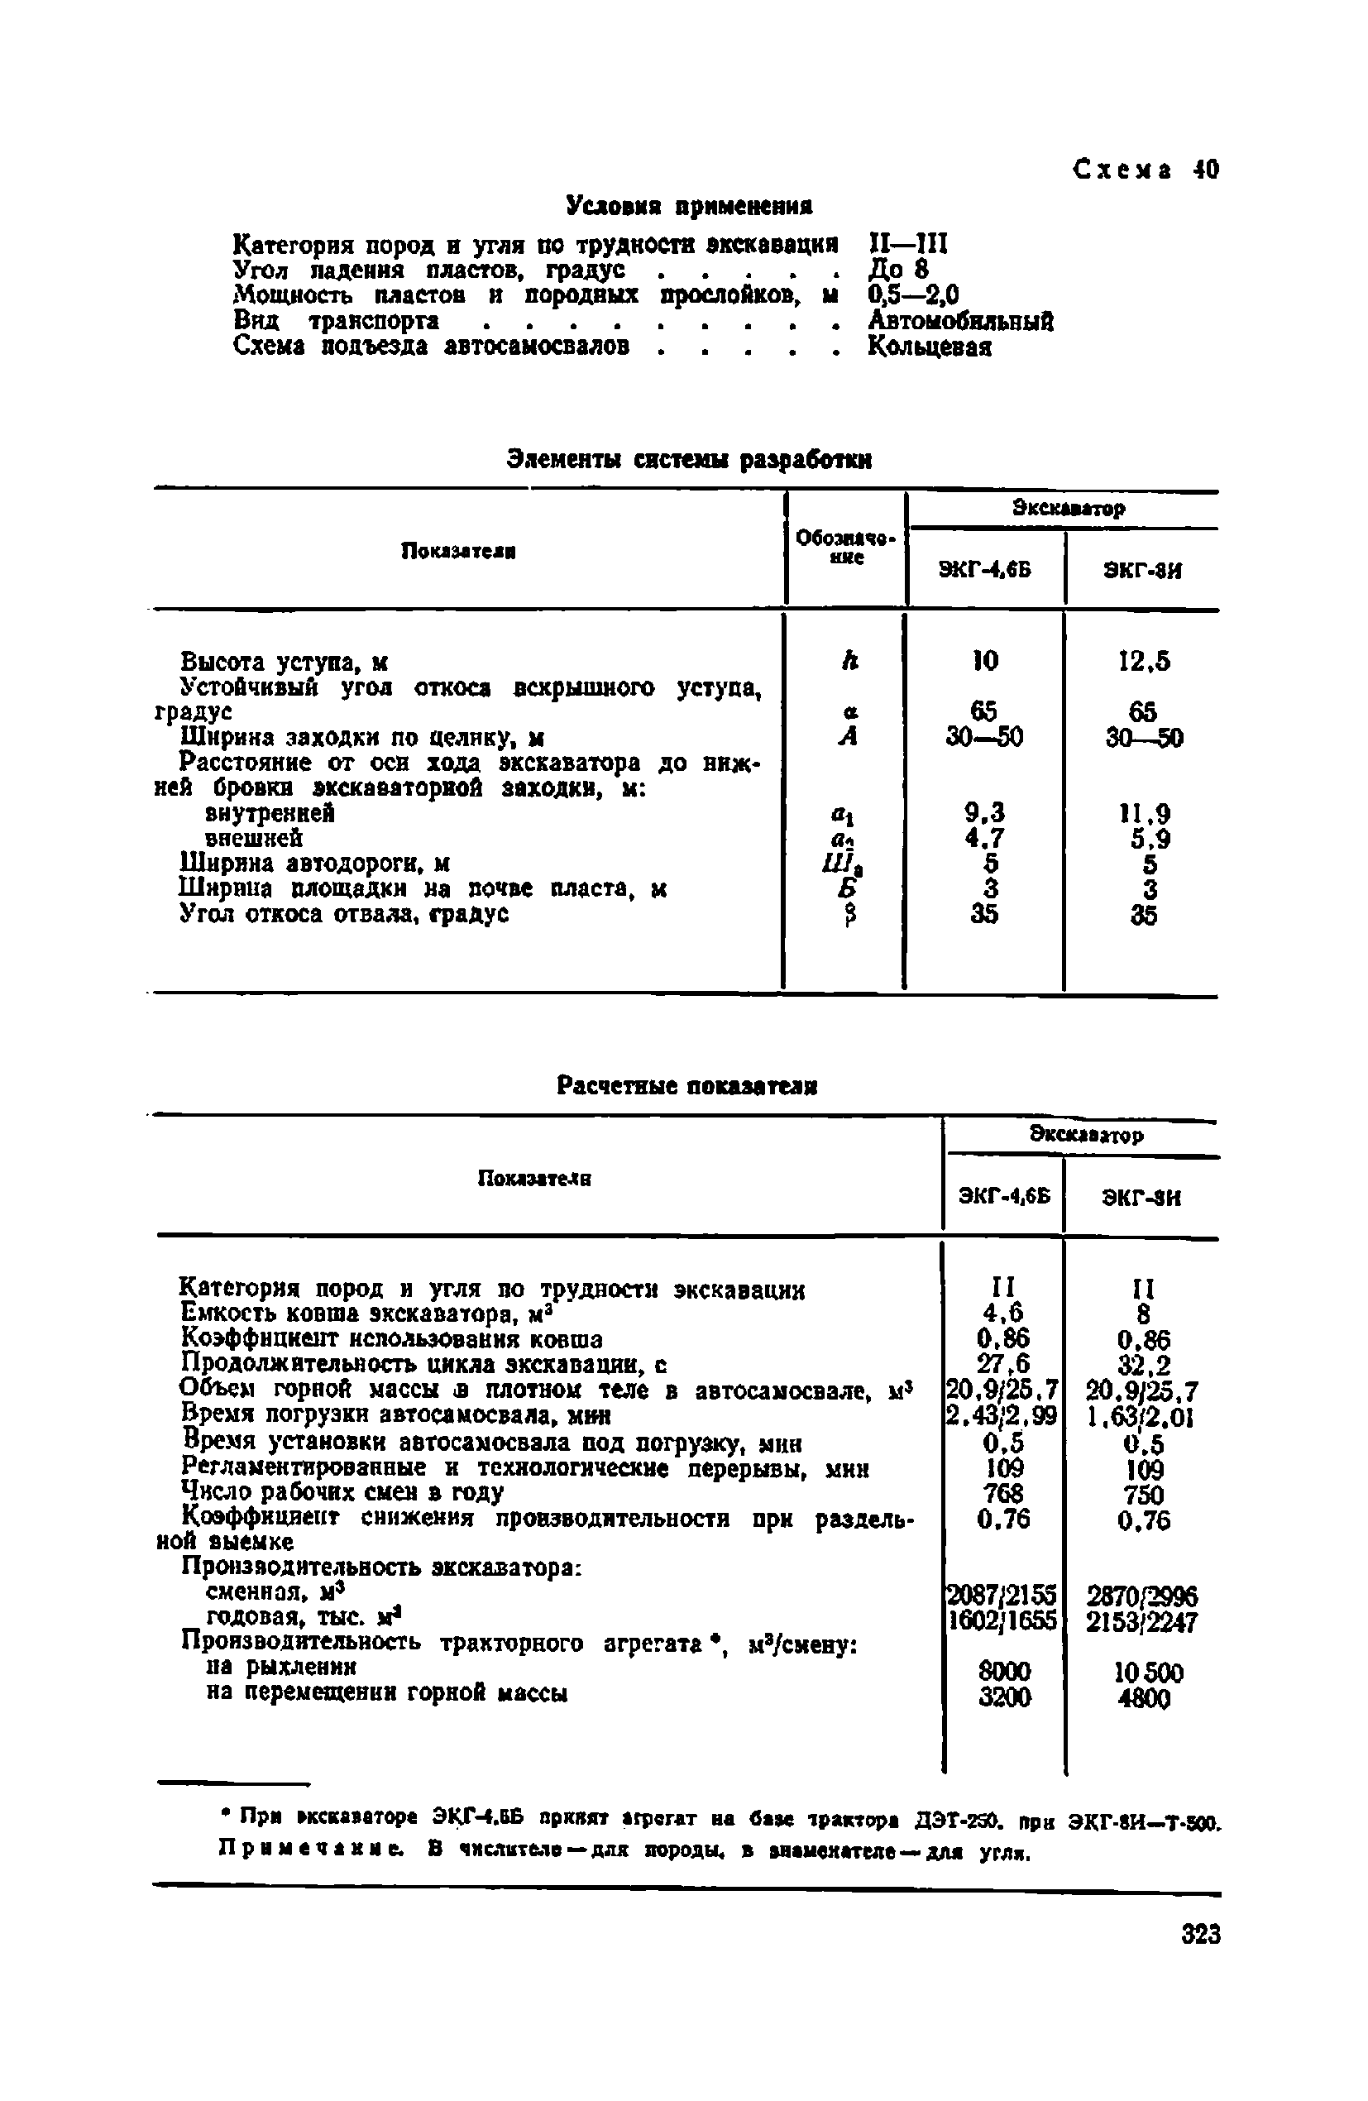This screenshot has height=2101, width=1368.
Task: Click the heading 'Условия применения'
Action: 688,207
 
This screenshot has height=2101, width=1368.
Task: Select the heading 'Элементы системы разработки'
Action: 689,459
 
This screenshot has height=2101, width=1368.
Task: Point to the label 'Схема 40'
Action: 1146,169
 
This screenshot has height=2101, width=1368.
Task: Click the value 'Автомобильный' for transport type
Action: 960,320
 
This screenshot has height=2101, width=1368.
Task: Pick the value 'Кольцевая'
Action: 930,346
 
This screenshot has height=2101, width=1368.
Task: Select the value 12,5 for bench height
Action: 1144,661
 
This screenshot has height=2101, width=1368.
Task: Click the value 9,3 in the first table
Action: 984,811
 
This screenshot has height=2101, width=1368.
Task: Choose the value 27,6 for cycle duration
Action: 1002,1364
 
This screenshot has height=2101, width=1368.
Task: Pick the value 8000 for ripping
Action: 1003,1671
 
